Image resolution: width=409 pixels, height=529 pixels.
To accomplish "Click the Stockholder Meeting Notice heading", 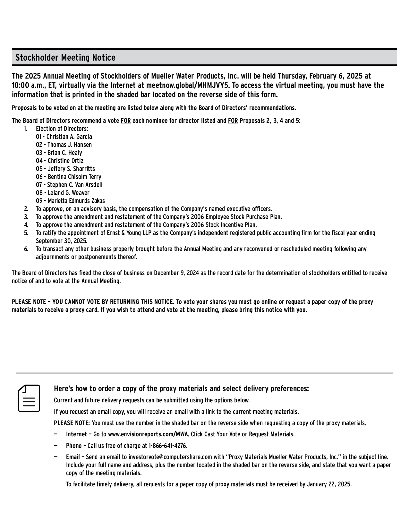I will [65, 58].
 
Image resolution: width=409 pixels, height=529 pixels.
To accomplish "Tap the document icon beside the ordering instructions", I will [29, 398].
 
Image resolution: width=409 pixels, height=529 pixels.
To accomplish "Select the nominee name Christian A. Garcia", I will [69, 137].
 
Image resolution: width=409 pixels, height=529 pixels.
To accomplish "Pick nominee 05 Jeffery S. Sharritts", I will [65, 169].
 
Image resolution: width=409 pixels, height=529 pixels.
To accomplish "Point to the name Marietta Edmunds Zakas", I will [76, 201].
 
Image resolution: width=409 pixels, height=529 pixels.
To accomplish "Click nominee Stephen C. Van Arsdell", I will [75, 185].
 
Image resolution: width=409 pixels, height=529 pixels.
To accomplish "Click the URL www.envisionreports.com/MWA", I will [149, 434].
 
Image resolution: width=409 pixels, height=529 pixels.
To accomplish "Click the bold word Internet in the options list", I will [76, 434].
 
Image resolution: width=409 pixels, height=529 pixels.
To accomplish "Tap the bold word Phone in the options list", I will [74, 446].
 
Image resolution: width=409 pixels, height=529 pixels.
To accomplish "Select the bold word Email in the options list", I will [73, 457].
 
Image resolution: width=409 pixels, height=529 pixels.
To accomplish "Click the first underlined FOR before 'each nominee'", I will [125, 121].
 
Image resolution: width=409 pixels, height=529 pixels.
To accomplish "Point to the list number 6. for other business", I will [26, 249].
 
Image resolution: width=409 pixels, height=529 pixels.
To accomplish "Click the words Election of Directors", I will [62, 129].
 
